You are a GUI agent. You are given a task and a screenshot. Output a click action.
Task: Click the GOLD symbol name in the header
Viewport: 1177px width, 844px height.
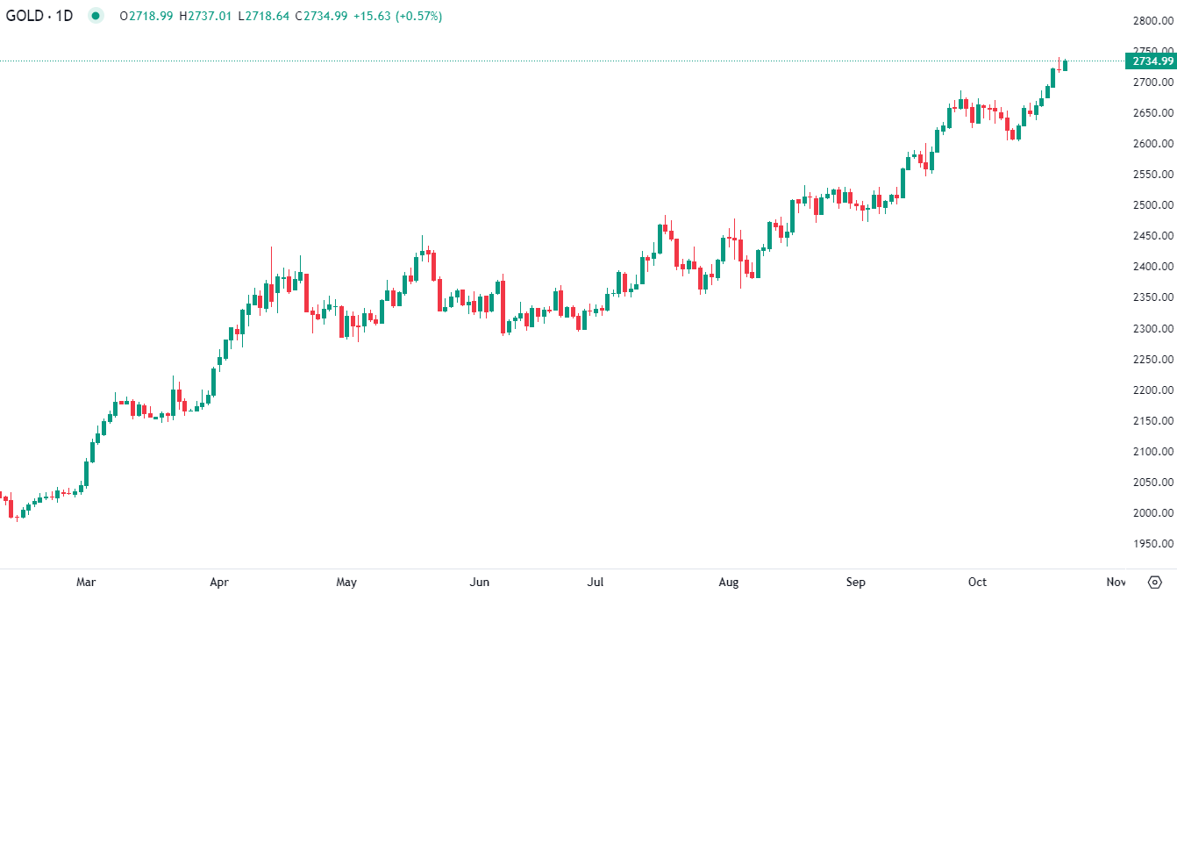click(x=24, y=16)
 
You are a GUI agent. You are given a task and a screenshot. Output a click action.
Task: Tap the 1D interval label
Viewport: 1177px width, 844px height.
click(x=64, y=16)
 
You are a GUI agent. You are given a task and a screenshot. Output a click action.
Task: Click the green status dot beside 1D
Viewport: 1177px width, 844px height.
click(x=96, y=16)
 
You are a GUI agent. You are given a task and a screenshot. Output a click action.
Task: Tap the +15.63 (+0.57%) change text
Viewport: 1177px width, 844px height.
click(x=397, y=16)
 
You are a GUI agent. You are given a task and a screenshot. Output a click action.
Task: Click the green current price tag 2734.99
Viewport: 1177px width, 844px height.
click(x=1152, y=61)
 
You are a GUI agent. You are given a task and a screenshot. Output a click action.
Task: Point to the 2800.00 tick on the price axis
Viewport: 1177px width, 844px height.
click(x=1152, y=20)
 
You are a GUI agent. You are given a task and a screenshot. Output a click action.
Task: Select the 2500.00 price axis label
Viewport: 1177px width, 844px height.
click(x=1152, y=204)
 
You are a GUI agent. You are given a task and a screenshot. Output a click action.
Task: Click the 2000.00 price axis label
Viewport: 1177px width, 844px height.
click(x=1152, y=512)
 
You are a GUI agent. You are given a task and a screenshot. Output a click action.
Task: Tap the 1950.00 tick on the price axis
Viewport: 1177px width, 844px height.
click(x=1152, y=543)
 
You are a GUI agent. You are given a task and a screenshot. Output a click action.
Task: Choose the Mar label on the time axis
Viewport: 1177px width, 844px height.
click(x=86, y=582)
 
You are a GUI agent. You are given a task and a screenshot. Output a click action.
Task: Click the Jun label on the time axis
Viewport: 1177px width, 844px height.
click(x=480, y=582)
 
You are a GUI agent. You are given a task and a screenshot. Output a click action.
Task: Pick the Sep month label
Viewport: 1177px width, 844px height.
click(x=856, y=582)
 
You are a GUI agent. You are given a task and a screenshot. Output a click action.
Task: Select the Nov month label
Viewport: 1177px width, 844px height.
click(x=1116, y=582)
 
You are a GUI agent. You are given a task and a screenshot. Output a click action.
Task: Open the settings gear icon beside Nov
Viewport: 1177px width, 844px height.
click(x=1155, y=582)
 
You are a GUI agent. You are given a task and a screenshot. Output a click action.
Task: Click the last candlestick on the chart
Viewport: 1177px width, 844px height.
click(x=1065, y=65)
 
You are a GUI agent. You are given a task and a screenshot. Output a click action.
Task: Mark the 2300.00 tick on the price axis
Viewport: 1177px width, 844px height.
click(x=1152, y=328)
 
